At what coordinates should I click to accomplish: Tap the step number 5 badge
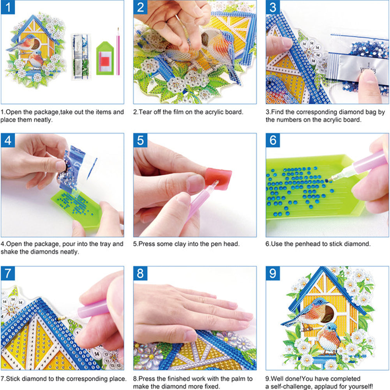(141, 141)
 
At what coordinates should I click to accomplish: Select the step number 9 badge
(273, 274)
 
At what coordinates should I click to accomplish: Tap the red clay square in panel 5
(219, 178)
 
